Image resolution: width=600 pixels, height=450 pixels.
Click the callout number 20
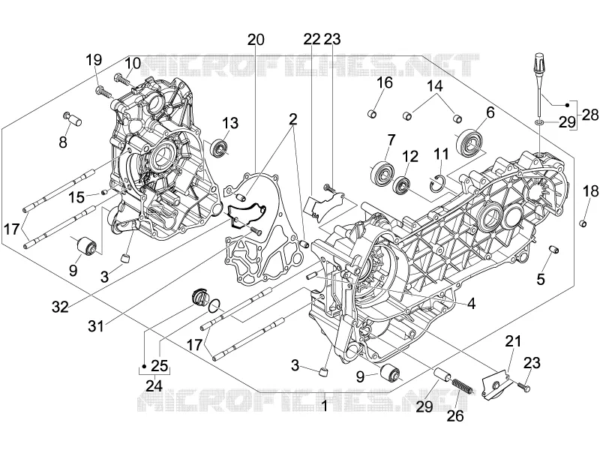(256, 40)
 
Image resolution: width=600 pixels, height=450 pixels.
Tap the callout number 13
(230, 123)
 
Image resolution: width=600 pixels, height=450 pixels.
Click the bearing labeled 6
(470, 142)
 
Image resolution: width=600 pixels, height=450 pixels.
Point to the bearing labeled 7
(382, 171)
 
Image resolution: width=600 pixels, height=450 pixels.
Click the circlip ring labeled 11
(439, 181)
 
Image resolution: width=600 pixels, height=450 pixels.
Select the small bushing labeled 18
(583, 223)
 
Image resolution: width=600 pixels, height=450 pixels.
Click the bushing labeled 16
(372, 114)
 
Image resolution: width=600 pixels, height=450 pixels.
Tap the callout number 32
(60, 307)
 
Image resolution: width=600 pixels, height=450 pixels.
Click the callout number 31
(96, 326)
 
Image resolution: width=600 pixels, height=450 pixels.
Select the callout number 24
(154, 385)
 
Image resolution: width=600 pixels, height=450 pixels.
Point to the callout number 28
(590, 115)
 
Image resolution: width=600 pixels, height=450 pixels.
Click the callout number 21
(513, 341)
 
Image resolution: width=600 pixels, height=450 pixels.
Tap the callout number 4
(472, 304)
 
